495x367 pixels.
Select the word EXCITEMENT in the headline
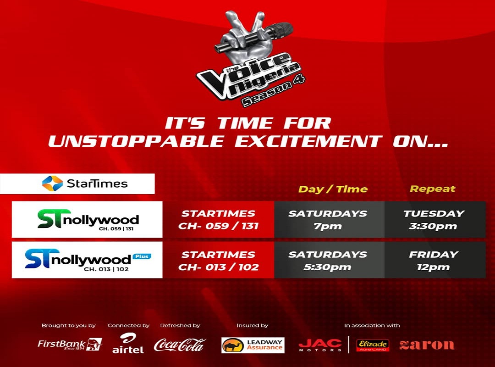(x=308, y=141)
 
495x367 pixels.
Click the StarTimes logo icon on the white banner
(x=52, y=183)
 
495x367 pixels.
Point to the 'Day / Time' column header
(x=333, y=189)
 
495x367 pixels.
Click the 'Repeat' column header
(x=433, y=189)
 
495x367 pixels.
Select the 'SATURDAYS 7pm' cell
(x=328, y=219)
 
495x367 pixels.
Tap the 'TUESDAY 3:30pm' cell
(x=434, y=219)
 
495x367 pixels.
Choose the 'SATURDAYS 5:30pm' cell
(x=328, y=260)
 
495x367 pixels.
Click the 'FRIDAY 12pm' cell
(x=434, y=260)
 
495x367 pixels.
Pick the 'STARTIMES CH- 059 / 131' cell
(x=219, y=219)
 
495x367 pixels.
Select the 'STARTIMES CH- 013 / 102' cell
(x=219, y=260)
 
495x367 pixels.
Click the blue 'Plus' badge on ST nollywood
(x=142, y=256)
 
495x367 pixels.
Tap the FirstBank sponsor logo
(x=70, y=344)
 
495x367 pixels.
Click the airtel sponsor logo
(x=128, y=343)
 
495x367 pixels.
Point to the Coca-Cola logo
(x=180, y=345)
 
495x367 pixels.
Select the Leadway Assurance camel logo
(x=253, y=345)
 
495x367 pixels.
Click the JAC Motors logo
(x=320, y=345)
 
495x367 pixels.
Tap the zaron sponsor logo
(x=427, y=345)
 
